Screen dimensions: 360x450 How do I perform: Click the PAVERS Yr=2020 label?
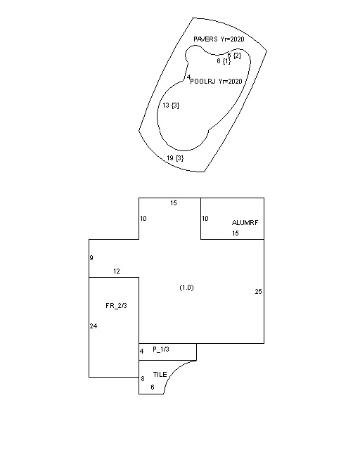pos(219,39)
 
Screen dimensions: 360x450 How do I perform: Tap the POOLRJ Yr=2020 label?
pos(216,82)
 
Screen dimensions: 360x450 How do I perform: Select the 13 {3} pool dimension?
pos(171,105)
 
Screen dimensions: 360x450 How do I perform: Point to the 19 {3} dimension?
pos(175,157)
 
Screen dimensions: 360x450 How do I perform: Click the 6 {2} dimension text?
pos(234,55)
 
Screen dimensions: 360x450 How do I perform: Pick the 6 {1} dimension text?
pos(224,61)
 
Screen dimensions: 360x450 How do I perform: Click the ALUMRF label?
pos(245,223)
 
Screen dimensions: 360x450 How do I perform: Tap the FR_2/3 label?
pos(116,306)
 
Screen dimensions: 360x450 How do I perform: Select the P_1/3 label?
pos(161,349)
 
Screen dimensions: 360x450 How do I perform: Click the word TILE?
pos(160,375)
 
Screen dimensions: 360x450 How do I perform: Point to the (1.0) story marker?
pos(186,288)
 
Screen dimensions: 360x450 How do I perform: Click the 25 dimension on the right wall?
pos(258,292)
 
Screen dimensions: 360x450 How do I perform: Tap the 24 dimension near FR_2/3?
pos(94,326)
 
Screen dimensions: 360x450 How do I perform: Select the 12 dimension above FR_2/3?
pos(117,271)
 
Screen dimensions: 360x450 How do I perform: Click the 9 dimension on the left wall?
pos(91,258)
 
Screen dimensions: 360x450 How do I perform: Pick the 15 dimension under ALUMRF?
pos(236,233)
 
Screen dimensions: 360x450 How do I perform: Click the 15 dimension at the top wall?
pos(174,203)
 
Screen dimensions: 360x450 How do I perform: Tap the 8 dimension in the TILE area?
pos(143,379)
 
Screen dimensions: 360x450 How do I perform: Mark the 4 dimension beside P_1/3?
pos(141,352)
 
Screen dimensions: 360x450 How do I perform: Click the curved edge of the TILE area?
pos(174,371)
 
